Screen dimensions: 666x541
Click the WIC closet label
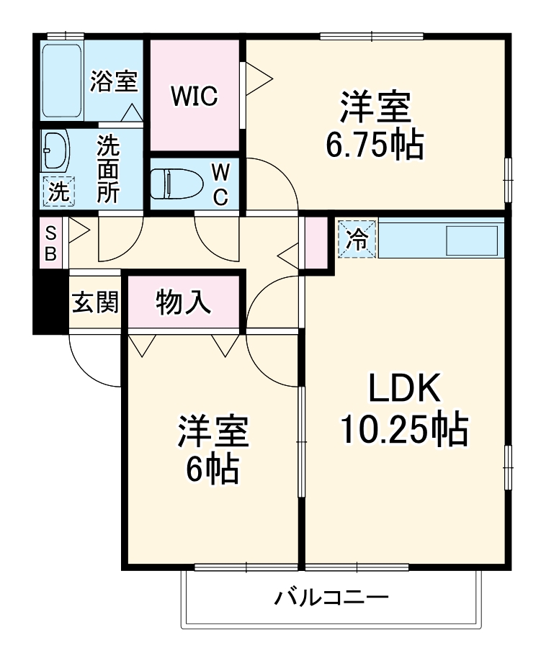(194, 96)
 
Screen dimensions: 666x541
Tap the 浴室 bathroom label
(113, 81)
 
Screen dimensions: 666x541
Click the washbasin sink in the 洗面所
(55, 150)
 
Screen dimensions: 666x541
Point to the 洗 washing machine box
(58, 192)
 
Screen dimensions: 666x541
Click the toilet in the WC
(172, 183)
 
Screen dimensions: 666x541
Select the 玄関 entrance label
(94, 302)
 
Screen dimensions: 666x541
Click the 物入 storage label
(184, 302)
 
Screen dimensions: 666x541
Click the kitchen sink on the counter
(472, 240)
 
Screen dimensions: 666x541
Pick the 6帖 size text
(213, 470)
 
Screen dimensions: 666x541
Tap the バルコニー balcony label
(331, 597)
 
